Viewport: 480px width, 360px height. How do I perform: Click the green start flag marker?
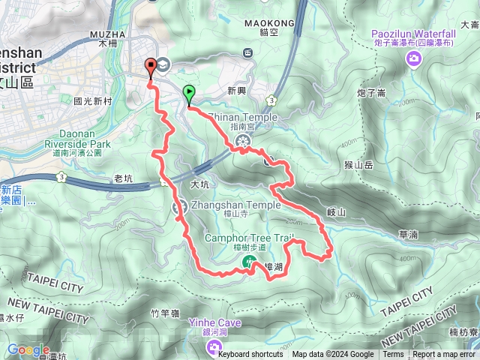click(x=188, y=94)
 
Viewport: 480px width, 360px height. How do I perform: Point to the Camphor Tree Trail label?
click(x=251, y=238)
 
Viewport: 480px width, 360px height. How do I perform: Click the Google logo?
click(x=28, y=349)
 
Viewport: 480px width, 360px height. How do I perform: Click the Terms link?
click(x=393, y=355)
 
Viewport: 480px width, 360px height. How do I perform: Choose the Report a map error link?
click(x=445, y=355)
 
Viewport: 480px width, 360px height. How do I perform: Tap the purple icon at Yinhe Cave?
click(x=214, y=346)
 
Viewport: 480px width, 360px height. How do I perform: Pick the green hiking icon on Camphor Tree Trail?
click(x=248, y=261)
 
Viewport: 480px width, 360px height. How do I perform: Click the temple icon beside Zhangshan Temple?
click(x=180, y=207)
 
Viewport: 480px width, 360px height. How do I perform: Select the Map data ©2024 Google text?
click(x=333, y=355)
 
